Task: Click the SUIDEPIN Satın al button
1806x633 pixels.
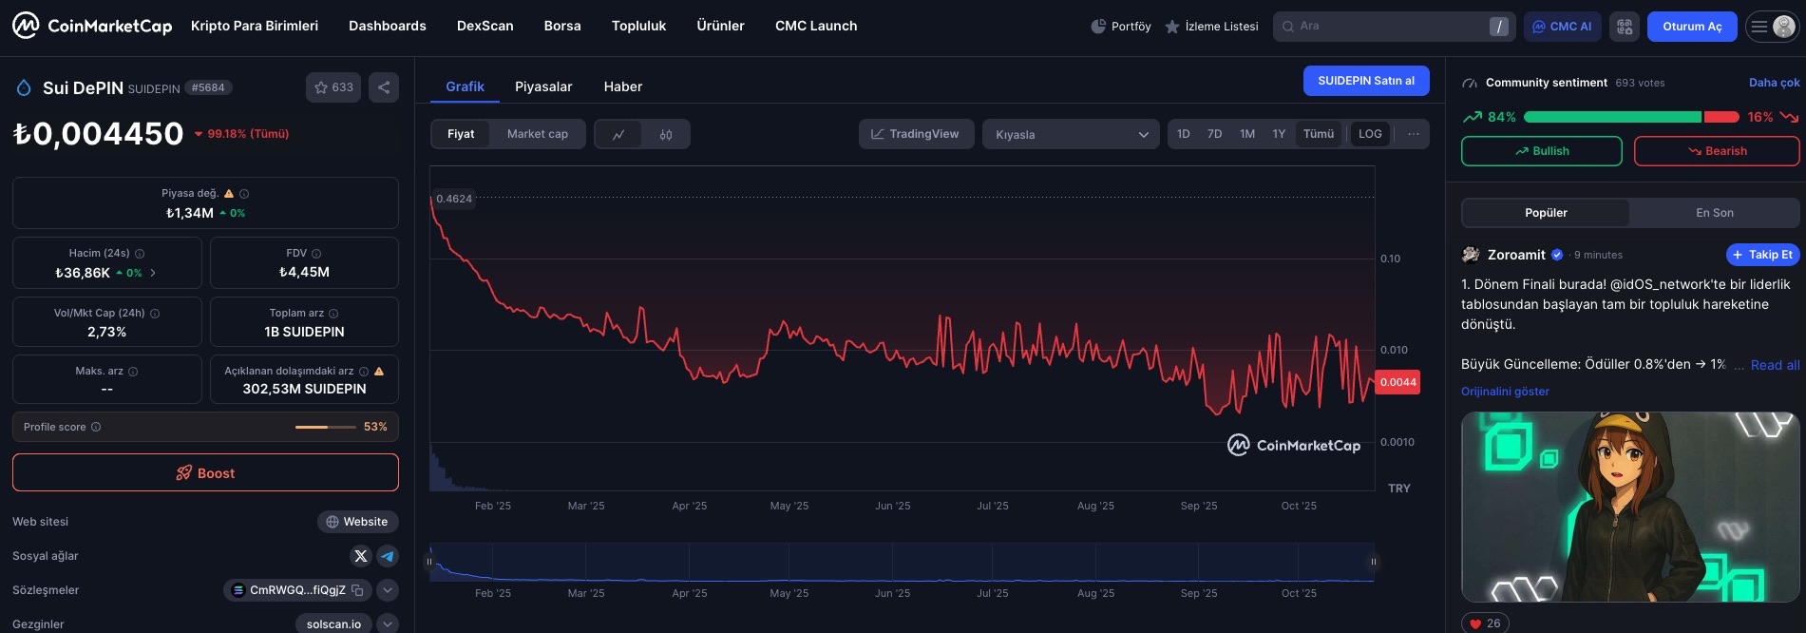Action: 1365,81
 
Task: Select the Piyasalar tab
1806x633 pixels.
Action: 543,86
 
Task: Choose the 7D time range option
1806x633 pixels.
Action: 1214,134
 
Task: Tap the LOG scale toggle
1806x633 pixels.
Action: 1370,134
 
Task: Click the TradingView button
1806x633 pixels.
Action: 915,134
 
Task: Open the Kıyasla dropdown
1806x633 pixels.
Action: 1071,134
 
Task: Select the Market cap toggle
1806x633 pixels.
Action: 537,134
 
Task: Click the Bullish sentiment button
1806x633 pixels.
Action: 1541,151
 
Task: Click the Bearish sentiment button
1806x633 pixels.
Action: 1716,151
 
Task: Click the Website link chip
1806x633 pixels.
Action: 357,522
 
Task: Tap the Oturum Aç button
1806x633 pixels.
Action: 1691,27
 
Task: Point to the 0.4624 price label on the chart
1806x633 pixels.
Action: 454,199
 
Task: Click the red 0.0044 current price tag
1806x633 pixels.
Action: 1397,382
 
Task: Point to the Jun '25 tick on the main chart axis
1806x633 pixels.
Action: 892,506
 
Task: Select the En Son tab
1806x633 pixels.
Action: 1714,213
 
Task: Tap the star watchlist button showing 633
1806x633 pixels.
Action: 333,87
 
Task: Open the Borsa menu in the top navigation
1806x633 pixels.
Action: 562,26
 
